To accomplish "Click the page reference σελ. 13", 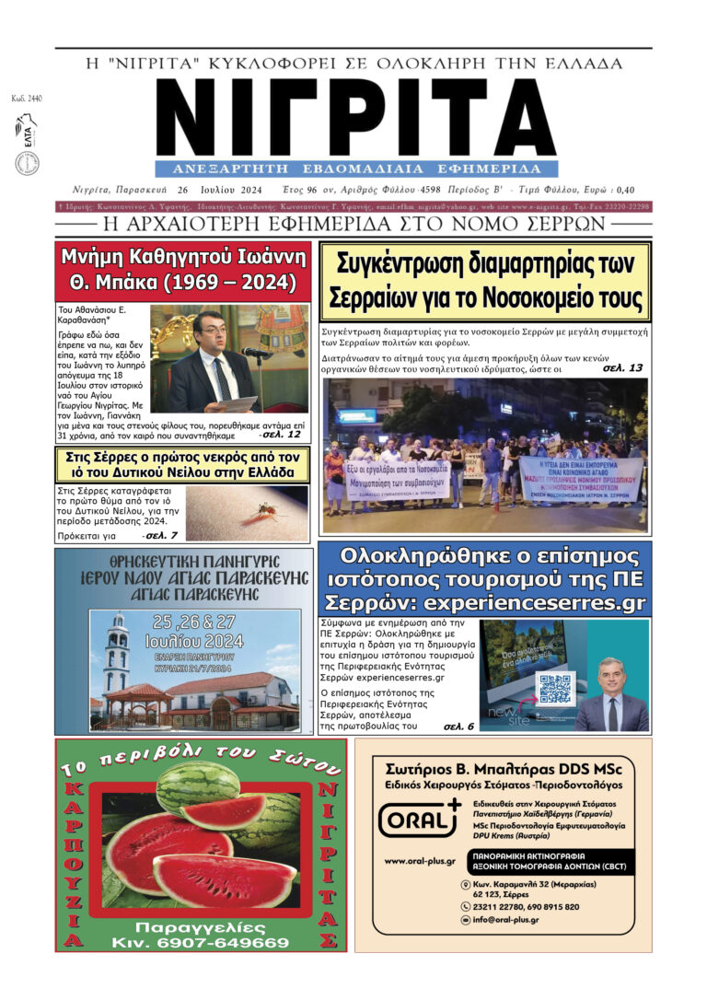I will [x=622, y=367].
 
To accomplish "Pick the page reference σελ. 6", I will [x=458, y=726].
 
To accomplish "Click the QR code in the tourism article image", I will [x=556, y=689].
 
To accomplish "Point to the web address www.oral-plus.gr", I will [x=420, y=862].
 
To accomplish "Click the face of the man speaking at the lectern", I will [x=211, y=330].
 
